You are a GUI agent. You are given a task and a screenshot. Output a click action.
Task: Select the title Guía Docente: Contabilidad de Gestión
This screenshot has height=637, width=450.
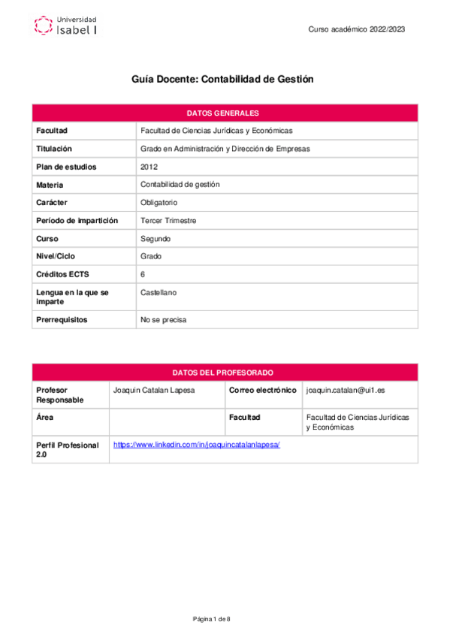tap(222, 79)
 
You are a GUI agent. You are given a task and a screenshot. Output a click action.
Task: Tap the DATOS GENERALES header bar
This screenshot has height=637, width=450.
tap(225, 113)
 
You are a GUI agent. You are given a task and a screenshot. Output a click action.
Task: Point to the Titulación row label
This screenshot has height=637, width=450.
tap(54, 149)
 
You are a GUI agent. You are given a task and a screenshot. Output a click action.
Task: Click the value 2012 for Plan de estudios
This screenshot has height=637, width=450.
tap(149, 167)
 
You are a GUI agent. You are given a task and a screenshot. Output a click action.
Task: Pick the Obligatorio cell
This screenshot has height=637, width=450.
tap(159, 203)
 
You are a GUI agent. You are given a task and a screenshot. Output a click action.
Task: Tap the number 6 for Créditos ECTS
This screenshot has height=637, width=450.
tap(143, 274)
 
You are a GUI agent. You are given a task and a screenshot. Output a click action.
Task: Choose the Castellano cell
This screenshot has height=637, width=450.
tap(159, 292)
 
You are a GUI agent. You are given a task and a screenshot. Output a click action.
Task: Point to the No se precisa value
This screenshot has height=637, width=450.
tap(163, 320)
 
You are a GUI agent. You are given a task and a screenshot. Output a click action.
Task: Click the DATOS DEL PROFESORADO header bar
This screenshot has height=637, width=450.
tap(225, 373)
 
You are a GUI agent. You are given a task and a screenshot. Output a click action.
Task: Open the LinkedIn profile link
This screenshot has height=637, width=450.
tap(196, 445)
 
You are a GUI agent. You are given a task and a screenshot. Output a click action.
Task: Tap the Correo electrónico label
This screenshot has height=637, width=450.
tap(262, 391)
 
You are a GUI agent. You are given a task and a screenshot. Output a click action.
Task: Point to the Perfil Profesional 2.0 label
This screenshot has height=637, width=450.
tap(68, 450)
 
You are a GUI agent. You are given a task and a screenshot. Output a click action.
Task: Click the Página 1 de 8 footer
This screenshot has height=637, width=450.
tap(211, 618)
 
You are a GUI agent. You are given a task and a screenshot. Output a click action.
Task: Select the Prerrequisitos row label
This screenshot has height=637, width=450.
tap(62, 320)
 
